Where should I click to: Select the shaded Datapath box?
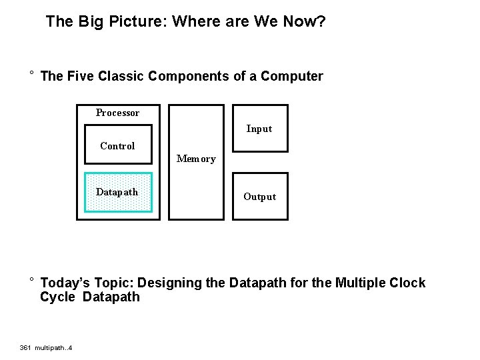click(118, 193)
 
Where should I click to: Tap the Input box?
click(260, 129)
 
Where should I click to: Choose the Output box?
click(260, 197)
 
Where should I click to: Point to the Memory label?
click(196, 159)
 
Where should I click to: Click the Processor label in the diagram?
click(117, 113)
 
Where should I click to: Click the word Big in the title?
click(90, 22)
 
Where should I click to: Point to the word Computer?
click(292, 76)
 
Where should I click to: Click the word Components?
click(189, 76)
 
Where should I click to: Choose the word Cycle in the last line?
click(57, 297)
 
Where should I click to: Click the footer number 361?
click(26, 347)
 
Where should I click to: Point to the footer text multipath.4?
click(55, 347)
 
